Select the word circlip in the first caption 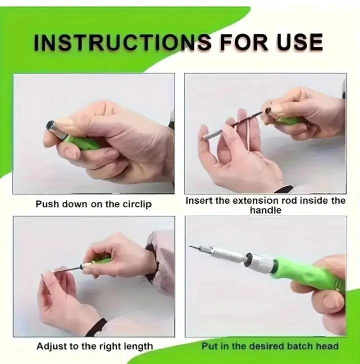click(x=137, y=204)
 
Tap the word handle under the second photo click(x=265, y=210)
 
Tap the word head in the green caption click(x=327, y=346)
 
